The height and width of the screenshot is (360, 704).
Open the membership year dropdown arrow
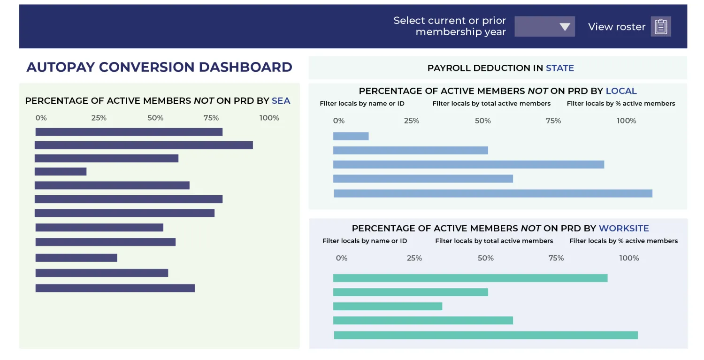click(x=564, y=27)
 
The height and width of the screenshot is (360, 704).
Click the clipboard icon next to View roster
click(x=660, y=27)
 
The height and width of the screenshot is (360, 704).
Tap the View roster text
click(x=616, y=27)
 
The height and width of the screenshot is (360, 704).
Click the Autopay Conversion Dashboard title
click(x=159, y=67)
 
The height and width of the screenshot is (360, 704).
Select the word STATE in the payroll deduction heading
click(x=559, y=68)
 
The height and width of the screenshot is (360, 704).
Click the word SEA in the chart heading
click(x=281, y=100)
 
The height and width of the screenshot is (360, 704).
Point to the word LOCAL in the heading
click(x=621, y=91)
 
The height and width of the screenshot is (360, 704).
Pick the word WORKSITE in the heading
click(x=624, y=229)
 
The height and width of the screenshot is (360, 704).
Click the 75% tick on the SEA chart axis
click(x=211, y=118)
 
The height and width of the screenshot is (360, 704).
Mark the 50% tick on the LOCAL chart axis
click(x=482, y=121)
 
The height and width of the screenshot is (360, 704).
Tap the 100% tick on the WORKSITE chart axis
click(x=629, y=258)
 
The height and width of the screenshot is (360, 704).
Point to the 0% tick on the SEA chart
click(x=41, y=118)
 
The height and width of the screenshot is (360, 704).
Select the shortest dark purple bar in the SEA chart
click(x=61, y=172)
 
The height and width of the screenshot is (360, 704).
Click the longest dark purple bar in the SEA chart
click(x=144, y=145)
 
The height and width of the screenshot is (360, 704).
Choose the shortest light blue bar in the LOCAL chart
click(x=351, y=137)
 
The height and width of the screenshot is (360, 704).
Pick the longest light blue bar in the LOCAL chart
click(x=493, y=193)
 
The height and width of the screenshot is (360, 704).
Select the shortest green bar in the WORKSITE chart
click(x=388, y=306)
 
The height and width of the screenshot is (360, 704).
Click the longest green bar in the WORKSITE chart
click(x=486, y=335)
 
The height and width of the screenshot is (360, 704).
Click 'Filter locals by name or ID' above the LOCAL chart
click(x=362, y=103)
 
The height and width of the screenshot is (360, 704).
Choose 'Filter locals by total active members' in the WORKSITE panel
click(x=494, y=241)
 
